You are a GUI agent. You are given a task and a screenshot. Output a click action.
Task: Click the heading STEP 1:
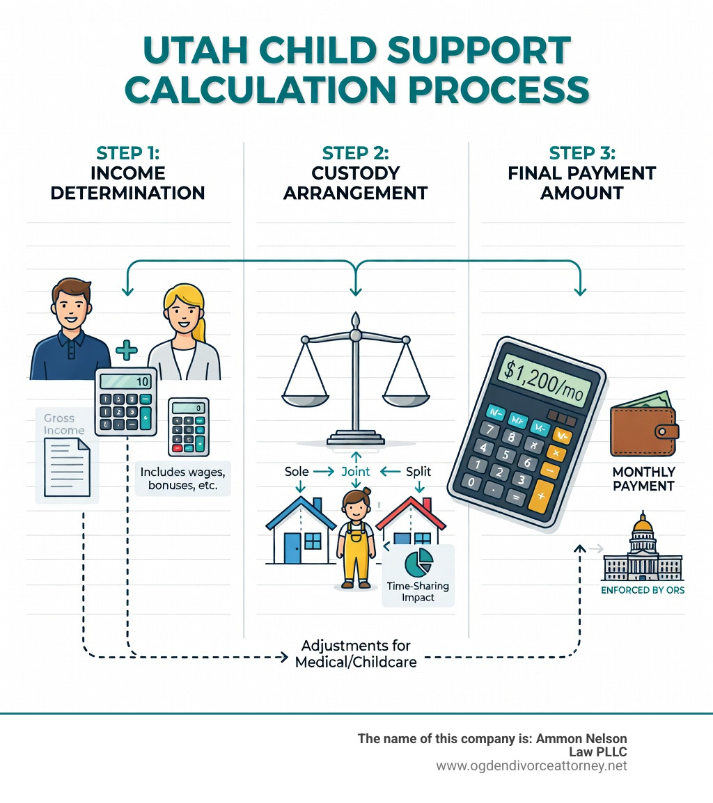pyautogui.click(x=127, y=153)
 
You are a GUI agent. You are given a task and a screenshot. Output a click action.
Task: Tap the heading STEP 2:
pyautogui.click(x=355, y=153)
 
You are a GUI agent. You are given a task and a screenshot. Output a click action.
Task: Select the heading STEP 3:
pyautogui.click(x=582, y=153)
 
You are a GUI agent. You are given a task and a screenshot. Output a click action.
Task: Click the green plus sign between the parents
pyautogui.click(x=126, y=351)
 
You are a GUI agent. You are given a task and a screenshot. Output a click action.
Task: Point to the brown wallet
pyautogui.click(x=644, y=425)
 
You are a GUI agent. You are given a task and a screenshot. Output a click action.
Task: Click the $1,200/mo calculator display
pyautogui.click(x=544, y=380)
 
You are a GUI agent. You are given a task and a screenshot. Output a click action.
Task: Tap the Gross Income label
pyautogui.click(x=63, y=424)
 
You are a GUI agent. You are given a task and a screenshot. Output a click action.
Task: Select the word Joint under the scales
pyautogui.click(x=355, y=471)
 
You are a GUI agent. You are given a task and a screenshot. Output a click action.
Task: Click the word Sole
pyautogui.click(x=297, y=471)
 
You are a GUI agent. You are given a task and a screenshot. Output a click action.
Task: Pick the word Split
pyautogui.click(x=418, y=471)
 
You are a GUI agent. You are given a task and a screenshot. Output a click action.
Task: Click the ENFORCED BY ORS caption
pyautogui.click(x=643, y=590)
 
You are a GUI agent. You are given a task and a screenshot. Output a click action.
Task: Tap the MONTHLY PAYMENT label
pyautogui.click(x=644, y=479)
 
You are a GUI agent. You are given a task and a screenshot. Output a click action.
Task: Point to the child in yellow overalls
pyautogui.click(x=356, y=539)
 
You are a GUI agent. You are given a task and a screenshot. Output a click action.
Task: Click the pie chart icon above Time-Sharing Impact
pyautogui.click(x=418, y=562)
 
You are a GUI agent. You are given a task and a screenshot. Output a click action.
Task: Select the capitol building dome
pyautogui.click(x=643, y=525)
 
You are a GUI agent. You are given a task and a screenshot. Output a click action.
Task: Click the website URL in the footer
pyautogui.click(x=531, y=765)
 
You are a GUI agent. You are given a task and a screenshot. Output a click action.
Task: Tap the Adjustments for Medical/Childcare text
pyautogui.click(x=356, y=653)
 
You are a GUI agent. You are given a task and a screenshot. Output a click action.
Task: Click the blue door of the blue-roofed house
pyautogui.click(x=292, y=548)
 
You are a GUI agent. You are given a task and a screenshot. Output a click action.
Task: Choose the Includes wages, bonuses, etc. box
pyautogui.click(x=183, y=478)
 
